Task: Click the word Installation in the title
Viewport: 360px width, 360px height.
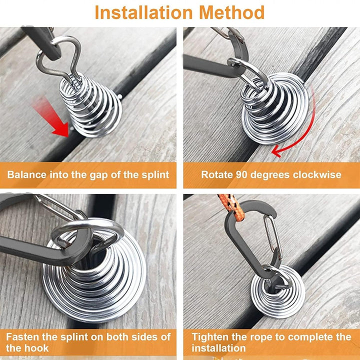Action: click(143, 12)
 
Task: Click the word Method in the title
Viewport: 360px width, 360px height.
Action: click(232, 12)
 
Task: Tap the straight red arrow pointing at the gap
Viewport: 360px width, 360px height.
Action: click(51, 117)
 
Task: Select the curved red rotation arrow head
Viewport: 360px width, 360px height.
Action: click(276, 151)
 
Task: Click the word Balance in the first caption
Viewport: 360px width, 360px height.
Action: click(26, 174)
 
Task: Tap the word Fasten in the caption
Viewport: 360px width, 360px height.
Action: click(22, 337)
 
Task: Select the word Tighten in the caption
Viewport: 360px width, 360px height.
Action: click(210, 337)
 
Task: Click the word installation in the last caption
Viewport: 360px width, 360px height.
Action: click(219, 348)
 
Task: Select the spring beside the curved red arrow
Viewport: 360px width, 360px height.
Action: click(275, 108)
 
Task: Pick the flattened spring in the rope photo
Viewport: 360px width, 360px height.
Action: click(278, 292)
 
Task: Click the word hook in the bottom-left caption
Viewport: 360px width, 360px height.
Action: click(37, 348)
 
